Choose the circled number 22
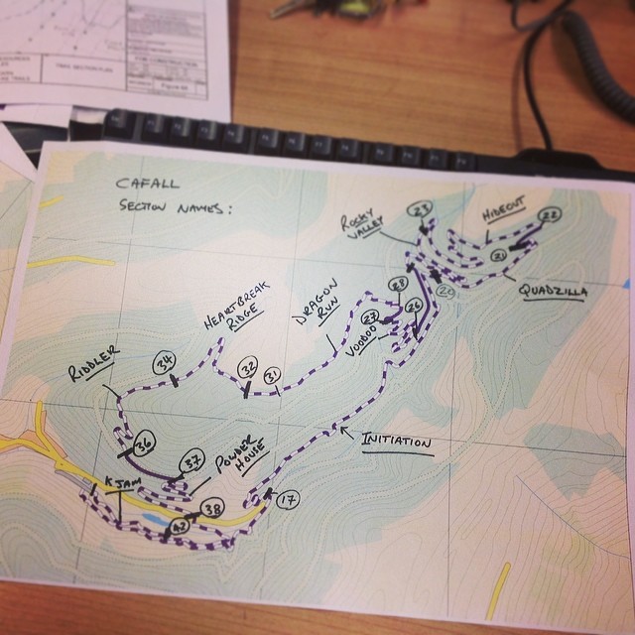[x=552, y=215]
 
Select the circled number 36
[x=144, y=444]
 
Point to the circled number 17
[x=289, y=499]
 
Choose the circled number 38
[x=211, y=510]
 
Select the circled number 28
[x=398, y=285]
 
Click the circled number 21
[x=500, y=256]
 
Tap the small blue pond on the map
[x=155, y=519]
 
